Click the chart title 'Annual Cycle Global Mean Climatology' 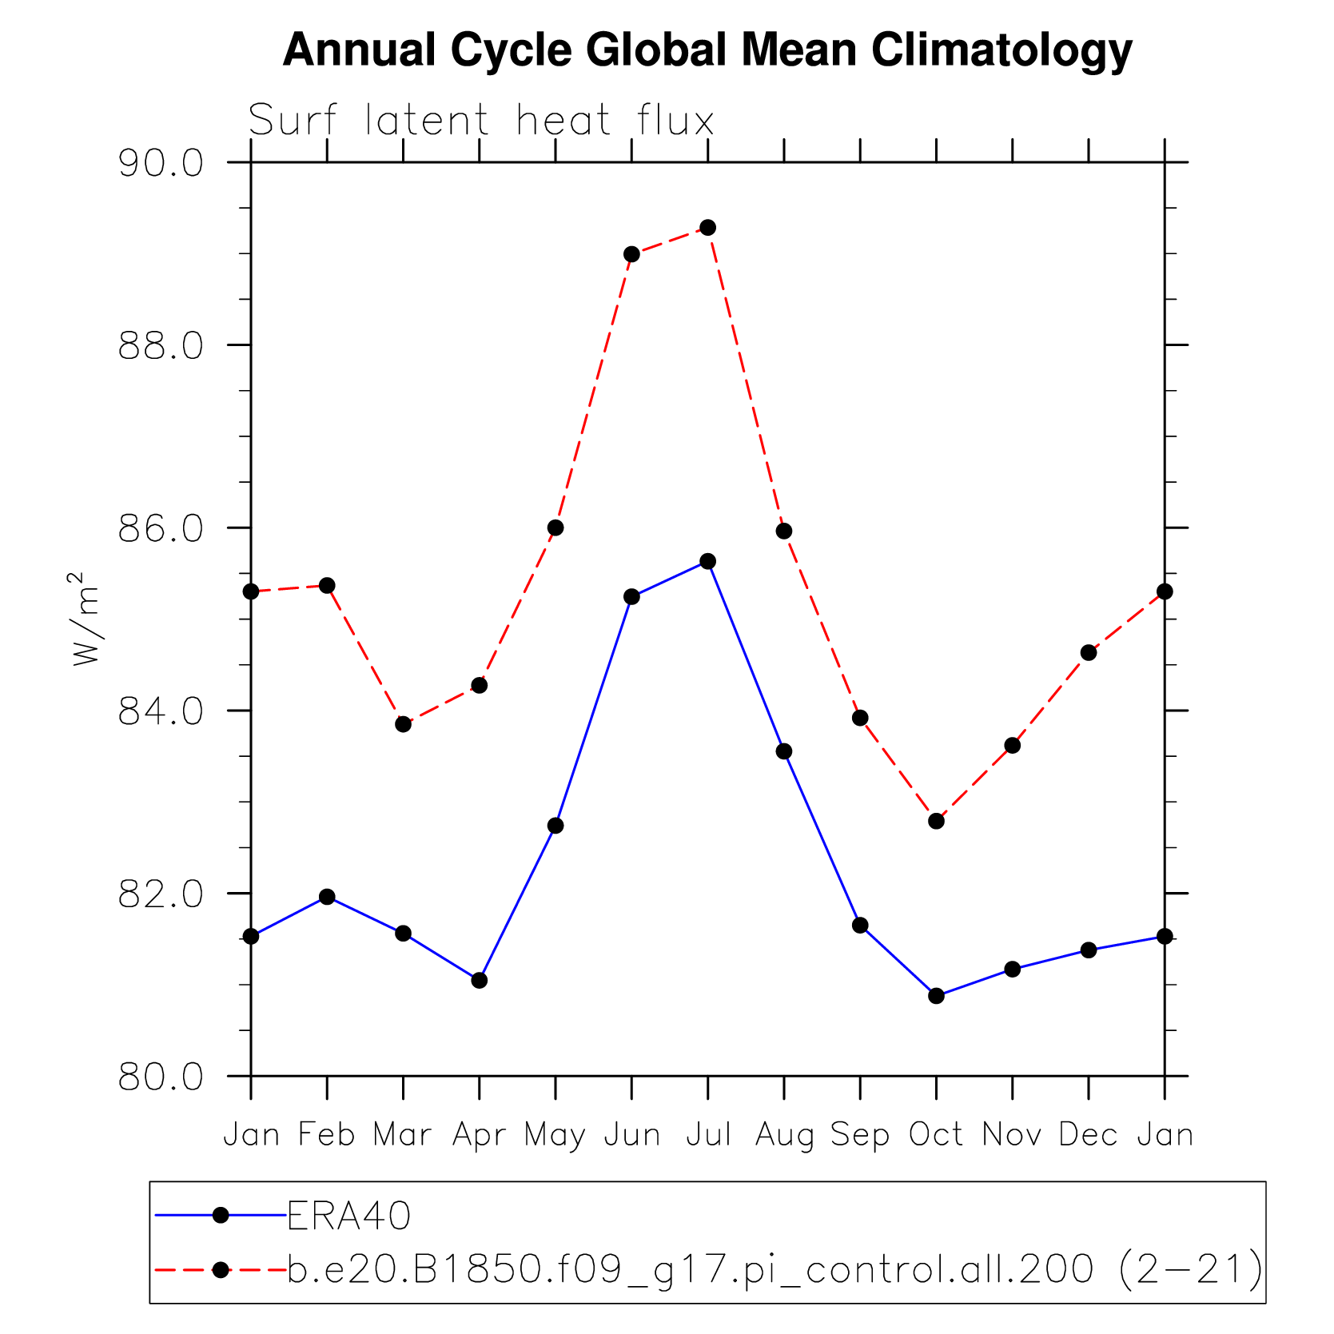pyautogui.click(x=707, y=50)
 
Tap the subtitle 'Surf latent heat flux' pyautogui.click(x=480, y=121)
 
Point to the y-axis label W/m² pyautogui.click(x=86, y=619)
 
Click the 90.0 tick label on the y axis pyautogui.click(x=161, y=163)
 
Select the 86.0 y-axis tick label pyautogui.click(x=161, y=528)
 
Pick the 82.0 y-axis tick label pyautogui.click(x=161, y=894)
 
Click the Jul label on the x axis pyautogui.click(x=708, y=1134)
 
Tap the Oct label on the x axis pyautogui.click(x=936, y=1134)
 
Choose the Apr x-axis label pyautogui.click(x=480, y=1134)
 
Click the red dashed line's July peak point pyautogui.click(x=708, y=228)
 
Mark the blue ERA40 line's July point pyautogui.click(x=708, y=561)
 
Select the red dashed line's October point pyautogui.click(x=937, y=821)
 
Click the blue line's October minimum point pyautogui.click(x=937, y=996)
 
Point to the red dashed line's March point pyautogui.click(x=404, y=724)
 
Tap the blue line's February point pyautogui.click(x=327, y=897)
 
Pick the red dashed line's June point pyautogui.click(x=631, y=254)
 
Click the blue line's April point pyautogui.click(x=480, y=980)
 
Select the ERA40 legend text pyautogui.click(x=348, y=1216)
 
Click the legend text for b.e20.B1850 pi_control pyautogui.click(x=774, y=1268)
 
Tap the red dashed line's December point pyautogui.click(x=1089, y=653)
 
